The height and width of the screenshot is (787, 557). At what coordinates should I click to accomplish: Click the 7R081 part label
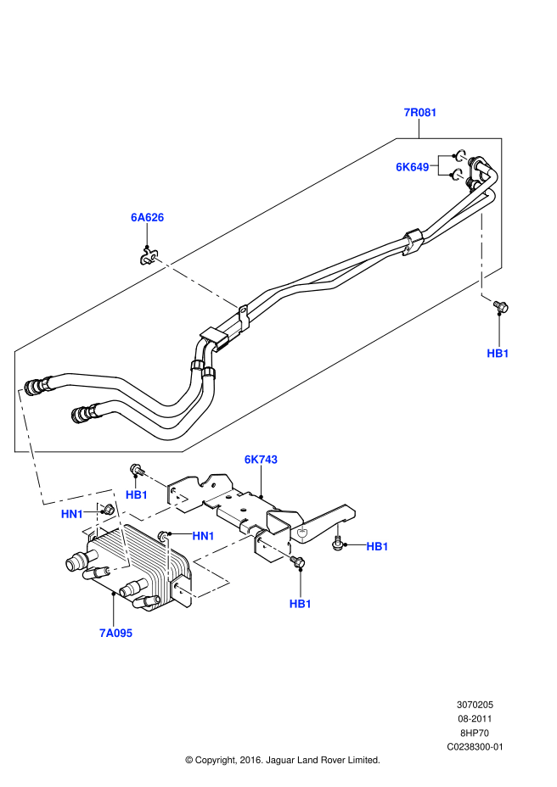point(419,113)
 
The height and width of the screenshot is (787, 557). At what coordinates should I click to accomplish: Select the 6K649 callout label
point(413,167)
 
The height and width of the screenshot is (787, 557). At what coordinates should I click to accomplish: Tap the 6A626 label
point(147,218)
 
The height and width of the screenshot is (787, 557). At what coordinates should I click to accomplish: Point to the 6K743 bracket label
point(261,460)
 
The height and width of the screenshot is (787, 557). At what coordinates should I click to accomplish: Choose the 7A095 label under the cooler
point(115,632)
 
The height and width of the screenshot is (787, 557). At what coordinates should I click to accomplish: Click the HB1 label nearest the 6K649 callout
point(498,353)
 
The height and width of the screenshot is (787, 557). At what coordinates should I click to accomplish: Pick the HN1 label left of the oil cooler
point(72,514)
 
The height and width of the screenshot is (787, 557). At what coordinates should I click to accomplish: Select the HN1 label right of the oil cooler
point(203,536)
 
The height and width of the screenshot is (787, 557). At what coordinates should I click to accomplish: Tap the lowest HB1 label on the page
point(301,604)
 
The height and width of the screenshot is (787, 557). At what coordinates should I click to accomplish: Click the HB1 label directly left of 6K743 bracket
point(137,494)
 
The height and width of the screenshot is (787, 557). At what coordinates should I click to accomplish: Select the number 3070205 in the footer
point(475,705)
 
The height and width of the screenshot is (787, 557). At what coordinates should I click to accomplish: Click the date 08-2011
point(475,718)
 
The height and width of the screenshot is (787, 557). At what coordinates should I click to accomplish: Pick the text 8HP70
point(475,733)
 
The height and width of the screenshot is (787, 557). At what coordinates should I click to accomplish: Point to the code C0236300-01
point(475,746)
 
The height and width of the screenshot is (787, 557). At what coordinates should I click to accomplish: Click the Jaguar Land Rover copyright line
point(282,760)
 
